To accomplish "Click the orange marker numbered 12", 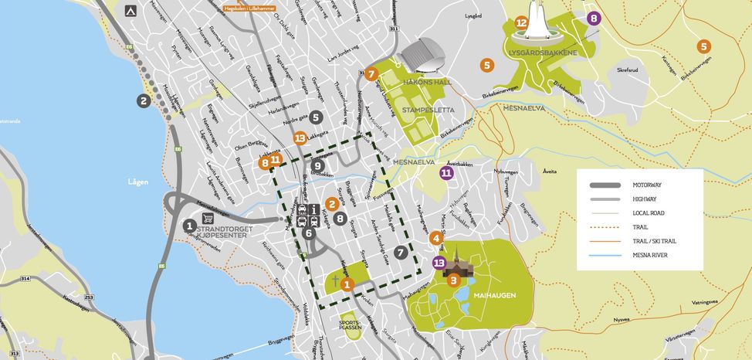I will [x=521, y=23].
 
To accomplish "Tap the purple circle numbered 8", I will [x=593, y=19].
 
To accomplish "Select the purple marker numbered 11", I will [x=446, y=173].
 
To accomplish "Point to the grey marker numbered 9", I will [x=317, y=165].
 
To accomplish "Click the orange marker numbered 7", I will [x=371, y=75].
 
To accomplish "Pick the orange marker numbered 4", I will [x=437, y=238].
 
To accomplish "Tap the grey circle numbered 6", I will [x=309, y=233].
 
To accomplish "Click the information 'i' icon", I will [x=315, y=209].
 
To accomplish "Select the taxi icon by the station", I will [x=302, y=209].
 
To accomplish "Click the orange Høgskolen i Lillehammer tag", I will [x=248, y=8].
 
